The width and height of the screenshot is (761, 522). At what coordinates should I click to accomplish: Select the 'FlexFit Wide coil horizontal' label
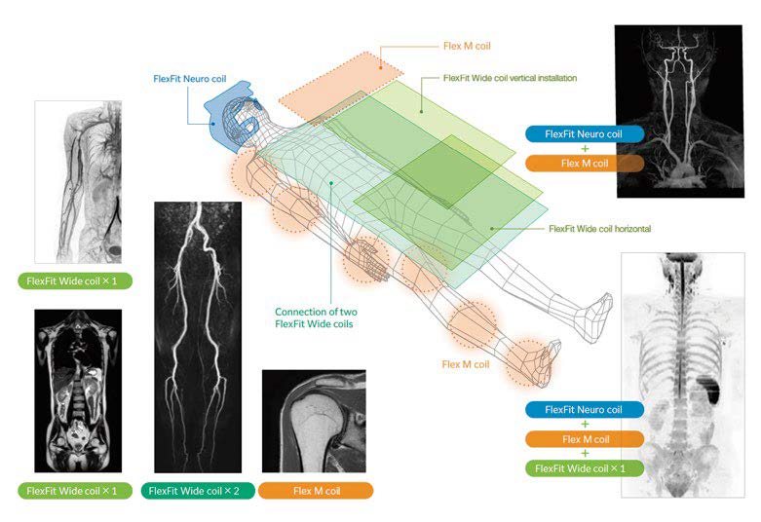(x=599, y=228)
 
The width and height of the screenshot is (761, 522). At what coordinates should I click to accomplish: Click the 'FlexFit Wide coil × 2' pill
(x=198, y=491)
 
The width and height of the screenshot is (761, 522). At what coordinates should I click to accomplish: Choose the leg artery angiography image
(x=198, y=337)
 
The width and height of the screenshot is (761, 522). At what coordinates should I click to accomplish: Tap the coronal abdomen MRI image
(x=78, y=391)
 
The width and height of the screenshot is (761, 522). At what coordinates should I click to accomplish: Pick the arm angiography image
(x=78, y=182)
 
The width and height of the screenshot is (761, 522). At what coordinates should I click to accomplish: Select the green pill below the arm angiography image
(x=78, y=281)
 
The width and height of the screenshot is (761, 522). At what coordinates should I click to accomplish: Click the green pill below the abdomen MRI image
(x=78, y=491)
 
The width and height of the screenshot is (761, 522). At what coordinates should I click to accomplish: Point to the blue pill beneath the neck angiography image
(x=584, y=134)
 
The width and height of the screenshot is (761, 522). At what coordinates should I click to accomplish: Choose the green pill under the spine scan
(x=584, y=468)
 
